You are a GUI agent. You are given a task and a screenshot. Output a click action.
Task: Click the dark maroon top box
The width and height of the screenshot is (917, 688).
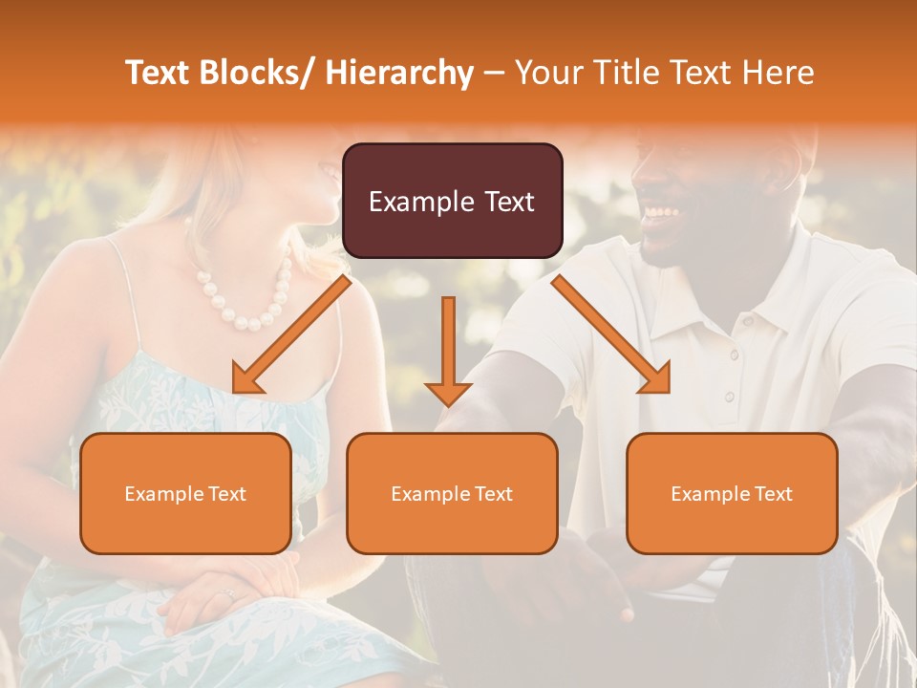point(452,201)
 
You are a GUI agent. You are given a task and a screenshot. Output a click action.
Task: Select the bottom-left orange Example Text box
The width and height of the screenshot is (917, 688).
point(185,493)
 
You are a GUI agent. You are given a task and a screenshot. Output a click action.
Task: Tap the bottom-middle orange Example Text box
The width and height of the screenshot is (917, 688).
point(452,493)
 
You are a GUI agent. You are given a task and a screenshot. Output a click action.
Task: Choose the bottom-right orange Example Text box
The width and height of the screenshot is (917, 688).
point(732,493)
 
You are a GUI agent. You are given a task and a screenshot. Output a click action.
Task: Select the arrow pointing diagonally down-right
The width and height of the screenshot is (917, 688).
point(612,335)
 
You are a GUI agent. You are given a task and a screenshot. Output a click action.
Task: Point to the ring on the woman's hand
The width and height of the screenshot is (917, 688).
point(227,594)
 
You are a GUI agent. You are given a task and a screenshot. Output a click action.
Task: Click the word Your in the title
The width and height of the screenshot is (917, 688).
point(545,73)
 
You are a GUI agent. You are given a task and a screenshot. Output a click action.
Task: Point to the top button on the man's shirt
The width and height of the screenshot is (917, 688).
point(734,355)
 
